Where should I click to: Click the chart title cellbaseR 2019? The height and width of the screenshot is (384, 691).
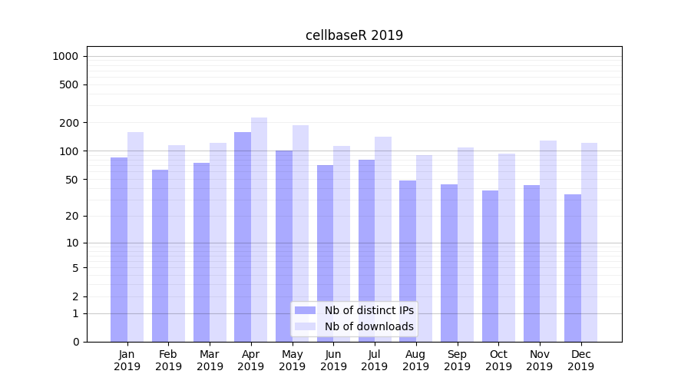click(x=354, y=35)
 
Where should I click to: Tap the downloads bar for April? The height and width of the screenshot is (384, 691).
click(x=260, y=230)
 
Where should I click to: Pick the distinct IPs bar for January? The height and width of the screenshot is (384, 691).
click(x=119, y=250)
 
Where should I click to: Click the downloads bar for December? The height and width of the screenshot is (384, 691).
click(x=589, y=242)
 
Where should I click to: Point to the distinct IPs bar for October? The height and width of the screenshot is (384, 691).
click(x=490, y=266)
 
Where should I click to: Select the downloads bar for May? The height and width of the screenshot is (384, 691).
click(x=301, y=233)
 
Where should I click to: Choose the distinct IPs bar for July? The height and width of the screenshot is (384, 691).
click(x=366, y=250)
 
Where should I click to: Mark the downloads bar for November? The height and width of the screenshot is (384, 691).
click(x=548, y=241)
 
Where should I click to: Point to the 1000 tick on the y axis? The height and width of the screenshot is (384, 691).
click(x=65, y=56)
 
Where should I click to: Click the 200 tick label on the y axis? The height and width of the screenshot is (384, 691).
click(x=70, y=123)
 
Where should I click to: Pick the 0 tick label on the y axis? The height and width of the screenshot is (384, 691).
click(x=76, y=342)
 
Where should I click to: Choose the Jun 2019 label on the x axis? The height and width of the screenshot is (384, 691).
click(x=333, y=360)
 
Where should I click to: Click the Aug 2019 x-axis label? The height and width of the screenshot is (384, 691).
click(x=416, y=360)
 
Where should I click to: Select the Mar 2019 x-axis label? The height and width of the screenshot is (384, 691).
click(x=210, y=360)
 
